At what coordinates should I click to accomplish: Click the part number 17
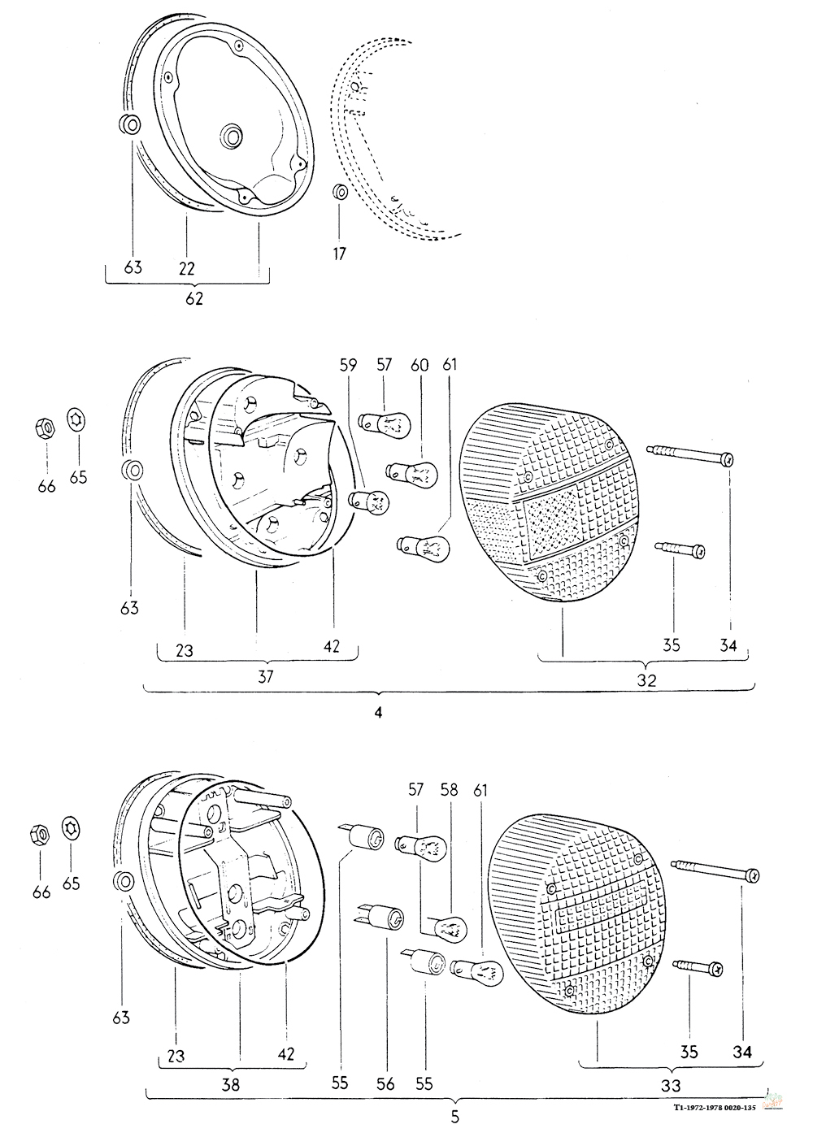(x=339, y=254)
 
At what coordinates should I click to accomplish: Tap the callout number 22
(x=187, y=268)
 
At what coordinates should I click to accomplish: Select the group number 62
(x=194, y=299)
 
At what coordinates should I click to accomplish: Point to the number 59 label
(x=348, y=365)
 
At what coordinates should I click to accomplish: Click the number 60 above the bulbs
(x=420, y=365)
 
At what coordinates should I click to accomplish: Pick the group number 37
(x=266, y=677)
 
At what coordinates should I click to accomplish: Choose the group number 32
(x=646, y=680)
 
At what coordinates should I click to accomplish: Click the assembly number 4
(x=378, y=712)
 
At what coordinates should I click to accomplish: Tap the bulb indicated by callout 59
(x=369, y=499)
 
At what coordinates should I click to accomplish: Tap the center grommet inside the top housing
(x=232, y=136)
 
